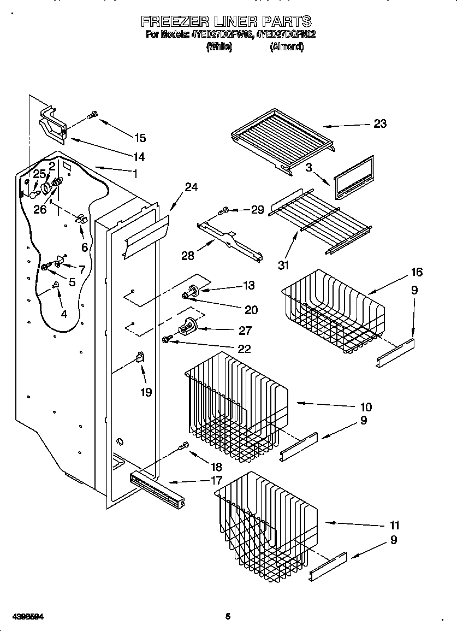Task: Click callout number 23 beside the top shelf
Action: (x=379, y=124)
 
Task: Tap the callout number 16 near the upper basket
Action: (x=417, y=273)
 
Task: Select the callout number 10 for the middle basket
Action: (x=366, y=406)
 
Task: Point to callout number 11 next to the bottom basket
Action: (x=394, y=526)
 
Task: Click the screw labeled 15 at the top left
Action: (x=93, y=115)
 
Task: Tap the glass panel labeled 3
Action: (x=353, y=178)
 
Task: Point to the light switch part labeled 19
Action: (x=139, y=358)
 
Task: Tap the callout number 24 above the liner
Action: (x=191, y=187)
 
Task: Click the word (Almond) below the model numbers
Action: (x=287, y=47)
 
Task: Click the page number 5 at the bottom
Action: (x=228, y=617)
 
